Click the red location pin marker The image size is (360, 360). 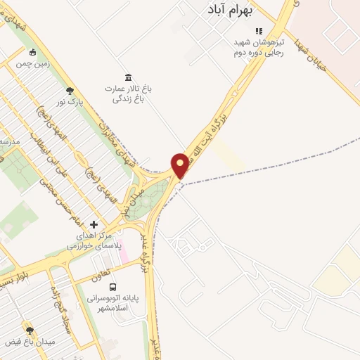[180, 165]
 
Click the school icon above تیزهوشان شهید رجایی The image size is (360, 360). [258, 31]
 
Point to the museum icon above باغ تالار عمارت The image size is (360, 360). [128, 77]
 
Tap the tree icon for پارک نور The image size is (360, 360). [69, 91]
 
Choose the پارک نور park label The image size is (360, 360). [70, 103]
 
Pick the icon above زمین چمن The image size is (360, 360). [32, 52]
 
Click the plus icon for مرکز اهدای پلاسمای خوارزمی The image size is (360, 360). [94, 224]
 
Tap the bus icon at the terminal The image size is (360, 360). [112, 286]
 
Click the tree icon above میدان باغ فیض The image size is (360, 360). [30, 330]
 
